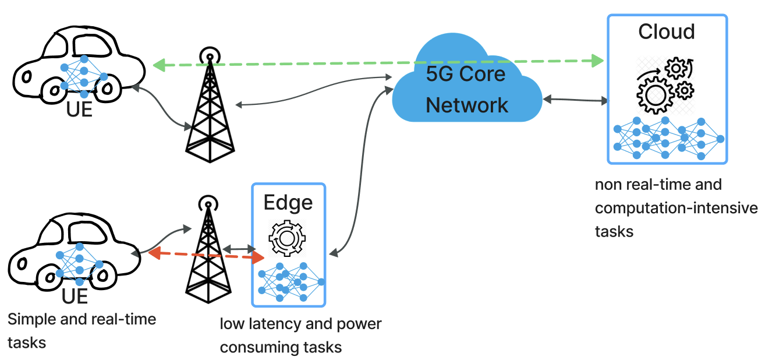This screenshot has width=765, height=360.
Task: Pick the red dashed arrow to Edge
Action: coord(204,255)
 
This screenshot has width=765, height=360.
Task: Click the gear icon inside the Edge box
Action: coord(286,238)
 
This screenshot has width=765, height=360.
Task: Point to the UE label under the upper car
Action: coord(80,109)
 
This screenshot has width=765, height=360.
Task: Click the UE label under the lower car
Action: coord(75,296)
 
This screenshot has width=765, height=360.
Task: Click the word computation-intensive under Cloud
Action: coord(676,208)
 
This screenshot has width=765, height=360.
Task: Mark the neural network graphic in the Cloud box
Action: coord(667,138)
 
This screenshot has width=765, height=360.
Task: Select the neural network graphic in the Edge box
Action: coord(289,281)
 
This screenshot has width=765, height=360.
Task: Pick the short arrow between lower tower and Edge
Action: coord(239,249)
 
